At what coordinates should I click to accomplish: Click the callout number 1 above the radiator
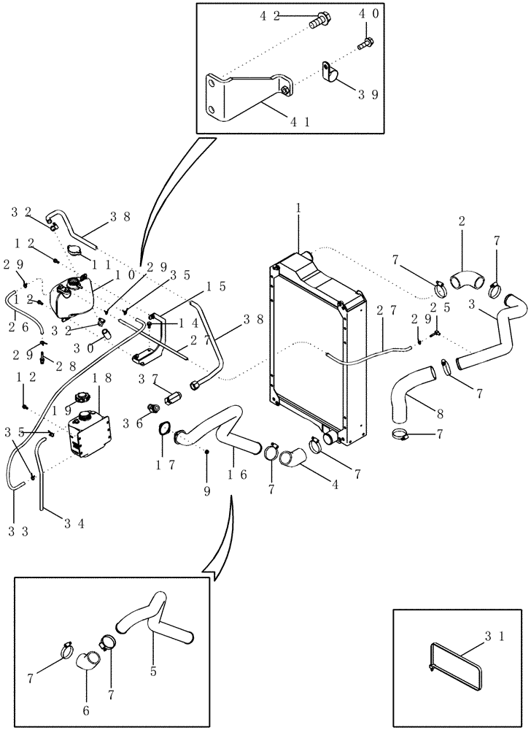298,210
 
